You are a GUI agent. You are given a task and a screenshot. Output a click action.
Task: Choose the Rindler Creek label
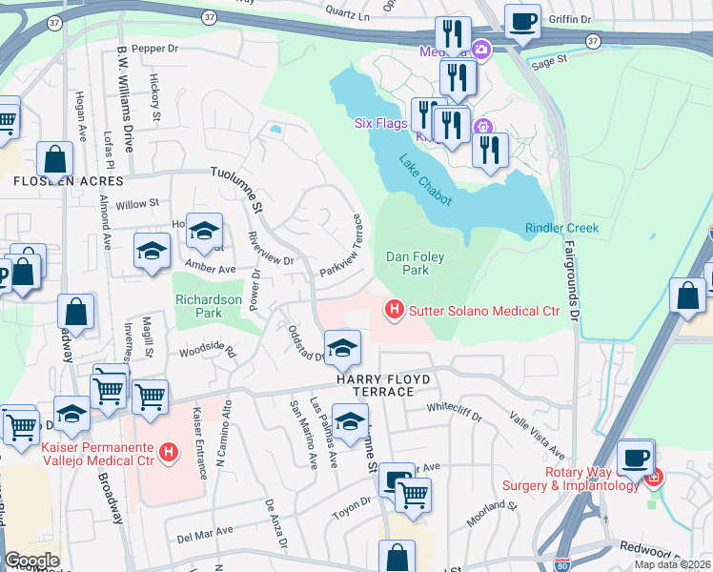561,228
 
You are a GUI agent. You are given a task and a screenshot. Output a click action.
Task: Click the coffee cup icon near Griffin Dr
521,20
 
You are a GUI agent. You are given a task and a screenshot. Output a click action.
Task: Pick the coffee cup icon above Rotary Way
635,456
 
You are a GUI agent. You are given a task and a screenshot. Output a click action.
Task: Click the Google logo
32,560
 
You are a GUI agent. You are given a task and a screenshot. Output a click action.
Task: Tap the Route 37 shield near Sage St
593,41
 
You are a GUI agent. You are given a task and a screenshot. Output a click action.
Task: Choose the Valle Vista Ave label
539,429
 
